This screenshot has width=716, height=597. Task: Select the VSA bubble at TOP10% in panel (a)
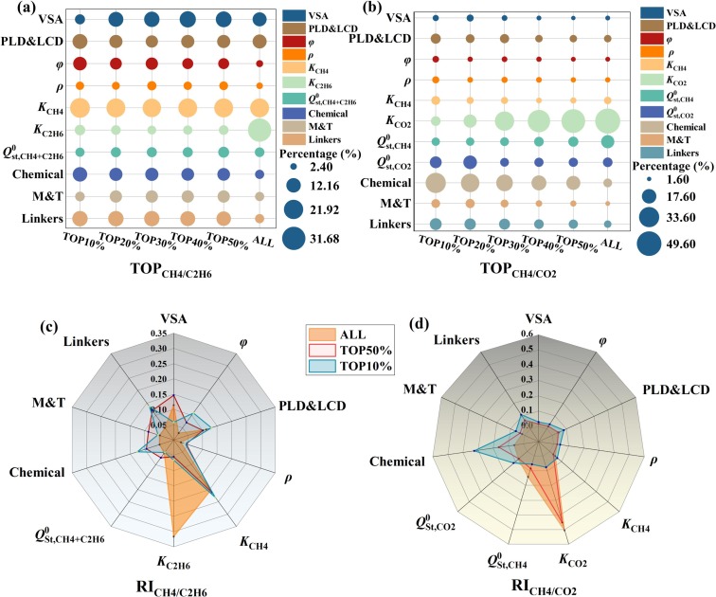point(80,19)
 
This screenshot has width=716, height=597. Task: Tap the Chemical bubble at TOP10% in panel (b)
point(436,183)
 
